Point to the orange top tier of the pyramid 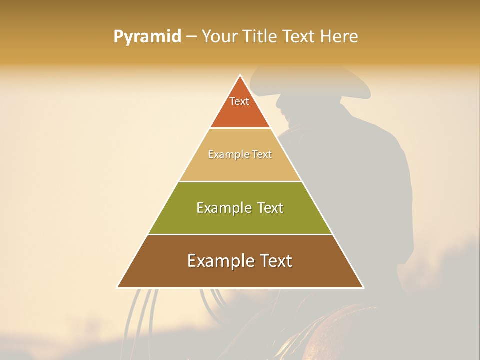[x=240, y=112]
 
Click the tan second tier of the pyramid [x=240, y=167]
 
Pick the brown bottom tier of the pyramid [x=240, y=275]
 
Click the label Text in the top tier [x=239, y=101]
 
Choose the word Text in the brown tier [x=273, y=261]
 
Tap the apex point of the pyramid [x=240, y=75]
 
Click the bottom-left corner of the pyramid [x=118, y=287]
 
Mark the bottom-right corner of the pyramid [x=363, y=287]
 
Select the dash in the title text [x=191, y=37]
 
